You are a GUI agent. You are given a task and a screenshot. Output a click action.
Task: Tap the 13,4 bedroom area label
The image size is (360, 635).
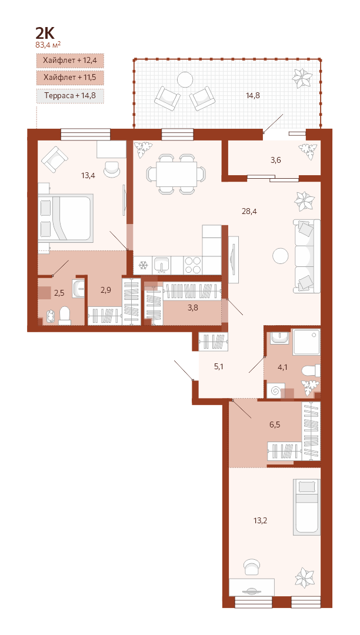88,175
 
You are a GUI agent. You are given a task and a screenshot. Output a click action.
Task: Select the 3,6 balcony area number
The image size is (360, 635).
276,160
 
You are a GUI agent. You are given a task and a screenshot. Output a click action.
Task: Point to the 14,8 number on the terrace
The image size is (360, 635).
252,96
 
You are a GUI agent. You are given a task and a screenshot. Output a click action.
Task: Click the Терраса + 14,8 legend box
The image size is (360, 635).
70,96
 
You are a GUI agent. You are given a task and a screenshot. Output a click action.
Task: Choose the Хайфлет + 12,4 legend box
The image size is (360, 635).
70,61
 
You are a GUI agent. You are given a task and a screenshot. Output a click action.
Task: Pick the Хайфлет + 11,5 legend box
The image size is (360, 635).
70,77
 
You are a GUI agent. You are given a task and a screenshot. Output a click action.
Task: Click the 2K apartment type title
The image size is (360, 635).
45,33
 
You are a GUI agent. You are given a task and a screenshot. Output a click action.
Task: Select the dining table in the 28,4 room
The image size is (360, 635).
176,174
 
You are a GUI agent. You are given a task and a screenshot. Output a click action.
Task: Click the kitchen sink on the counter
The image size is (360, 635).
162,266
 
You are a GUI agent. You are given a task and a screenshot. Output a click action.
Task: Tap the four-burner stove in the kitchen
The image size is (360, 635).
193,266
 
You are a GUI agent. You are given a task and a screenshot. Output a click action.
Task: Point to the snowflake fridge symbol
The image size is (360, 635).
142,266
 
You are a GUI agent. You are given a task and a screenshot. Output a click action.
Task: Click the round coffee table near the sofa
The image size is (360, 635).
280,256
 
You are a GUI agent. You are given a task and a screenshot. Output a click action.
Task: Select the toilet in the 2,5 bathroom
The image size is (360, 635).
65,316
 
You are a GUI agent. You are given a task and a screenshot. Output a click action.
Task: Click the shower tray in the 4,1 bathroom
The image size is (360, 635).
306,342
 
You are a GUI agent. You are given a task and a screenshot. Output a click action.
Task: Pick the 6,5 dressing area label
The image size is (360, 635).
275,425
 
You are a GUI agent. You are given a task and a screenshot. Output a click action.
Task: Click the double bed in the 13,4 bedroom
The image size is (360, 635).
66,219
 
